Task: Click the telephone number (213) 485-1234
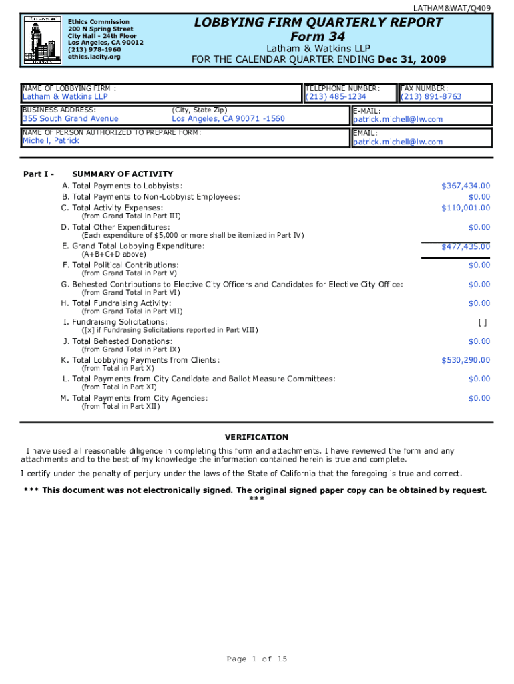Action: pos(336,97)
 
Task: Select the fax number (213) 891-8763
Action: pos(431,97)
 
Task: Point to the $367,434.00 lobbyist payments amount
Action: pos(465,186)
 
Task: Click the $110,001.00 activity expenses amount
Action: pos(465,208)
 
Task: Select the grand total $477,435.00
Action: pos(465,247)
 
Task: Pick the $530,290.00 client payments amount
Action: pos(465,360)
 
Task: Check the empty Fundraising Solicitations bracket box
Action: pos(482,322)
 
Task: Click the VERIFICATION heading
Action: pos(256,437)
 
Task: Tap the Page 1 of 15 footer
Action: pos(257,659)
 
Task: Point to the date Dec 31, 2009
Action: pos(412,59)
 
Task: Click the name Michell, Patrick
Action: pos(51,141)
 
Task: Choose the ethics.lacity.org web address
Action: pos(94,57)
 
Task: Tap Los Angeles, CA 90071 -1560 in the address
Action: pos(228,119)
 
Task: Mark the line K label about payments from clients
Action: pos(140,360)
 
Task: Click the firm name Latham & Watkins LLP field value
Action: pos(65,97)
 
